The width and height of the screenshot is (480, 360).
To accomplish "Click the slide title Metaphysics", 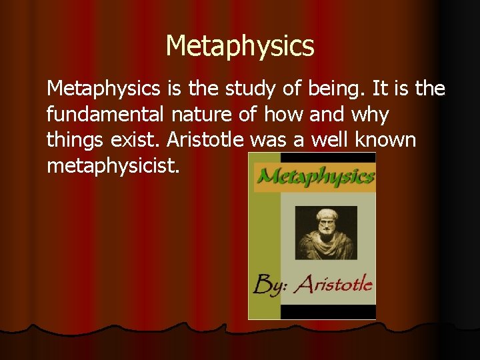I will click(240, 46).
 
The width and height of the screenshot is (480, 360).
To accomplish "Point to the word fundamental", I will click(105, 115).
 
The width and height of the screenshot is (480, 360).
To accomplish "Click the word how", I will click(281, 115).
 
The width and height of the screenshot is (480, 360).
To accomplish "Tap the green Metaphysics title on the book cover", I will click(315, 177).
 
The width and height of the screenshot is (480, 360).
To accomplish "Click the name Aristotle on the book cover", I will click(334, 285).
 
